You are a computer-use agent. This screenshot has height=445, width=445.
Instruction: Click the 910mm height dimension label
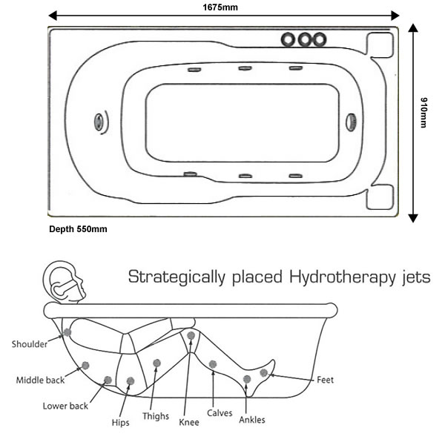pos(423,113)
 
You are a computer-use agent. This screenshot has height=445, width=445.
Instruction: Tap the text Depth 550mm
pos(78,229)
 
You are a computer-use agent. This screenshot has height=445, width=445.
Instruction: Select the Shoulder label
pos(30,344)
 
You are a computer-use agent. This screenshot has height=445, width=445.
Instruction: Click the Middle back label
pos(41,380)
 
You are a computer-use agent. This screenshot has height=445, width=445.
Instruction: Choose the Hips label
pos(120,423)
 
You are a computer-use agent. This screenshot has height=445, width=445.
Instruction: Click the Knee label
pos(189,423)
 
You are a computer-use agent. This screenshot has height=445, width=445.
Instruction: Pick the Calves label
pos(220,413)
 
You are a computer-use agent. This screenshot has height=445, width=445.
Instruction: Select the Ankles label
pos(252,421)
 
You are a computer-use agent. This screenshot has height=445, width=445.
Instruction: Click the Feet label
pos(325,380)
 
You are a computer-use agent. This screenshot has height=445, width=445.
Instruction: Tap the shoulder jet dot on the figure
pos(67,332)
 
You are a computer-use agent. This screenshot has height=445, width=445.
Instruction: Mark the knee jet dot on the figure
pos(191,336)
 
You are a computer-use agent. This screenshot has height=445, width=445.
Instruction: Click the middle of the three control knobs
pos(304,39)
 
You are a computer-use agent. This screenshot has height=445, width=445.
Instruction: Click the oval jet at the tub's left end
pos(99,122)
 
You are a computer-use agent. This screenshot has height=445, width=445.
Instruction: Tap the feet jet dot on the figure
pos(263,372)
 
